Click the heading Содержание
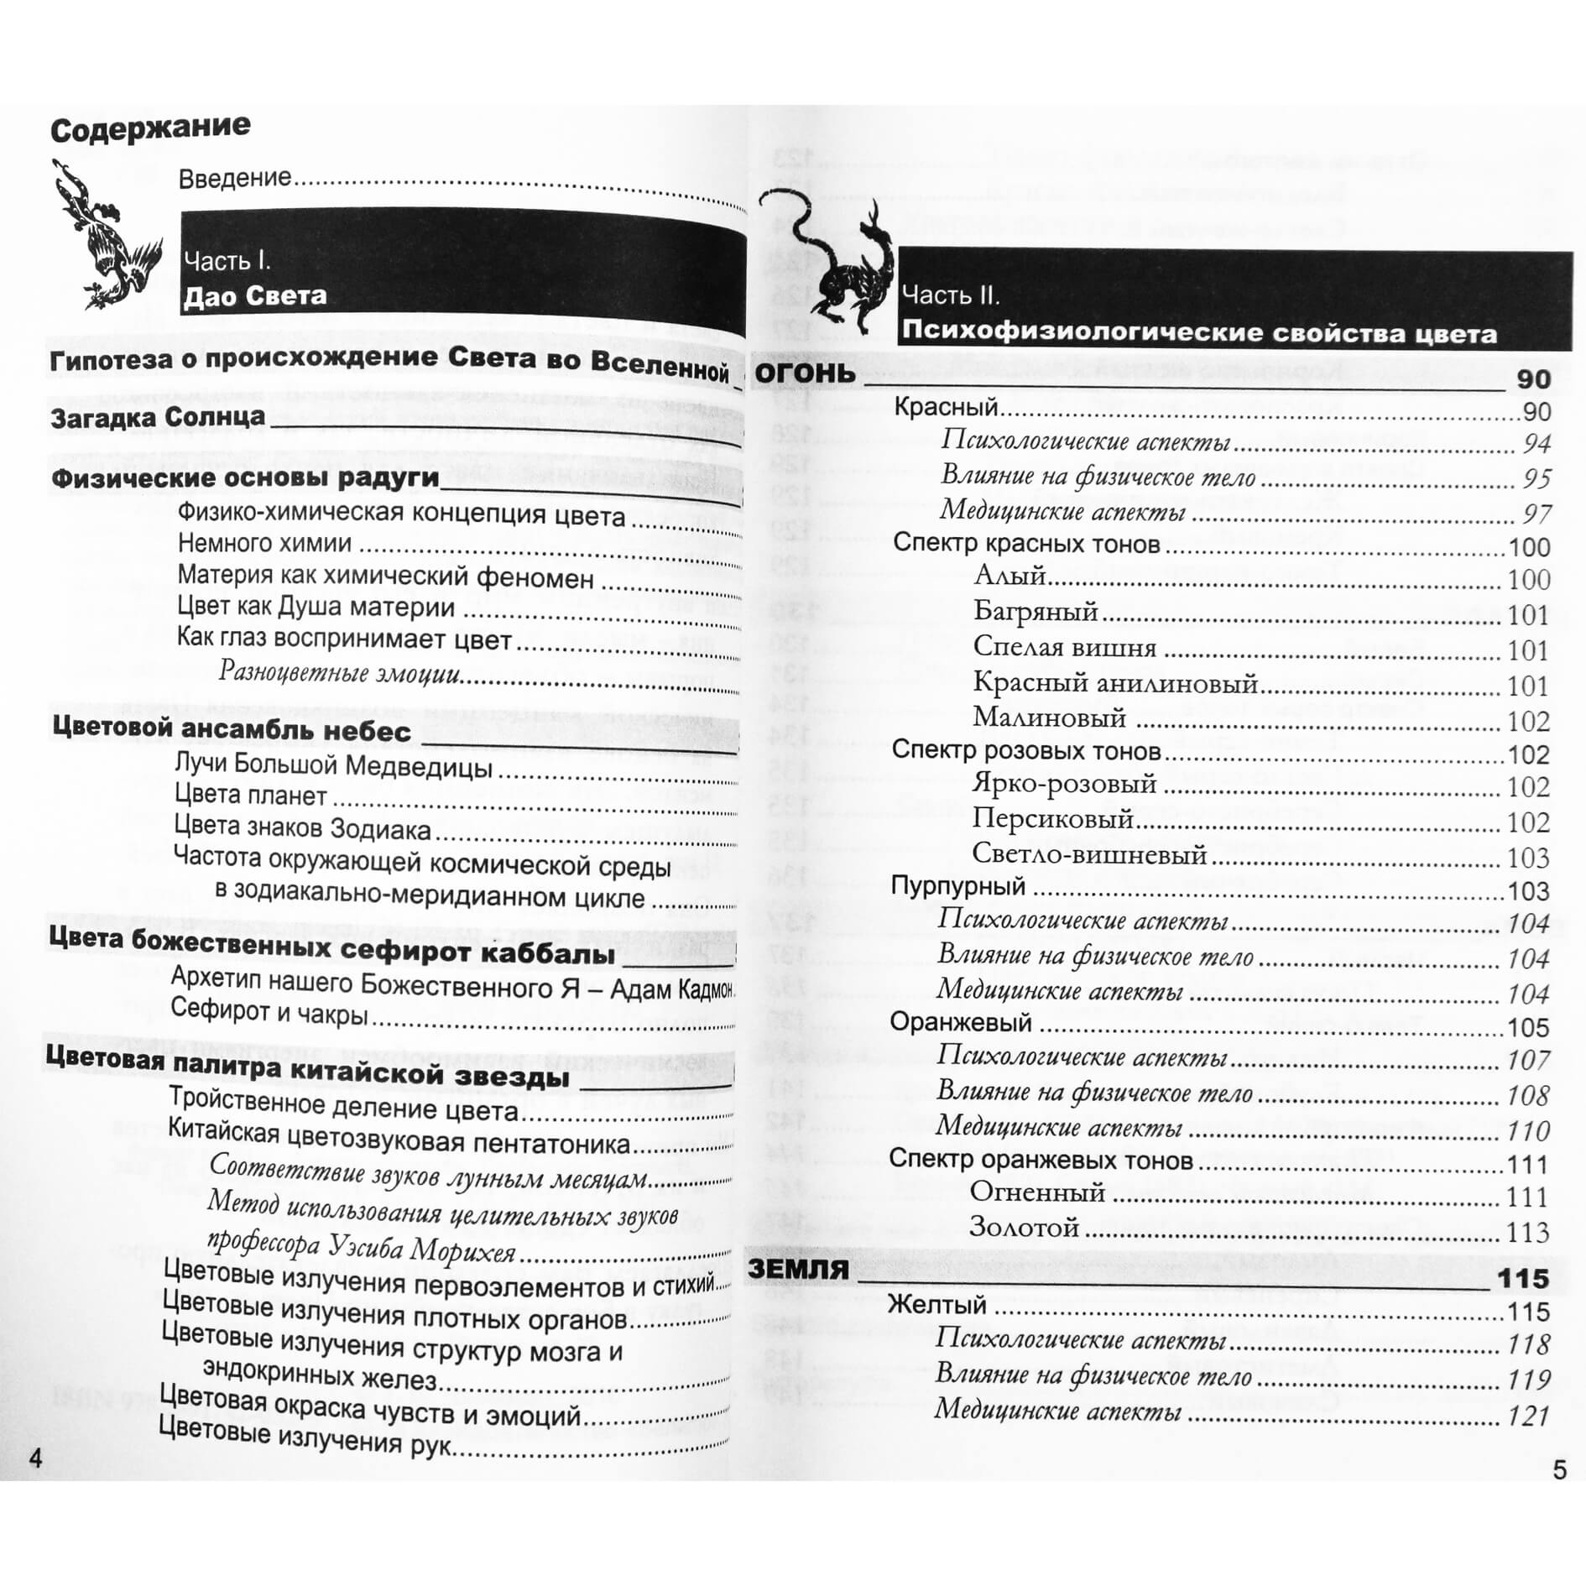[x=150, y=128]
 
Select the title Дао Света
[x=255, y=296]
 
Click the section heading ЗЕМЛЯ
[x=798, y=1268]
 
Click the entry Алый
[x=1010, y=576]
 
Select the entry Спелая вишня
[x=1065, y=647]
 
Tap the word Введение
[x=235, y=177]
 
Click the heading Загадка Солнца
[x=158, y=417]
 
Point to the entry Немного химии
[x=264, y=543]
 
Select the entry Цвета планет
[x=251, y=795]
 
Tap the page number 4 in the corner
[x=35, y=1458]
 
